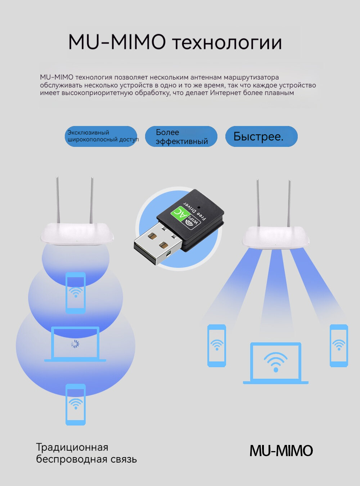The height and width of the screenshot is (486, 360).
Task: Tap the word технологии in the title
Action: (x=227, y=43)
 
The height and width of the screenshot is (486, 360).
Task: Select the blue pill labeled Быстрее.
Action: (x=261, y=136)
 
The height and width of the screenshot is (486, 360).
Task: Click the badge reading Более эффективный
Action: (x=181, y=136)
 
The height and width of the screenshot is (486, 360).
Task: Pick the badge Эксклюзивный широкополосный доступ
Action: (x=101, y=136)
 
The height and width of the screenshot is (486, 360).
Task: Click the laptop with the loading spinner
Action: (x=75, y=344)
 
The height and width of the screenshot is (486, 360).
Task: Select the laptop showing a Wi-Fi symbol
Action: (x=276, y=363)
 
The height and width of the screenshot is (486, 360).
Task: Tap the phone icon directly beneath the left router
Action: (x=76, y=292)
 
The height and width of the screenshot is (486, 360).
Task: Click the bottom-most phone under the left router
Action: (x=76, y=404)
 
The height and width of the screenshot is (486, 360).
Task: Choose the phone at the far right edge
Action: (x=339, y=346)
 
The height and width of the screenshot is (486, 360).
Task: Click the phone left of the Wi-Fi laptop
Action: (x=217, y=346)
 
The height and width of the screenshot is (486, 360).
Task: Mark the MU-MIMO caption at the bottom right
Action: (x=281, y=451)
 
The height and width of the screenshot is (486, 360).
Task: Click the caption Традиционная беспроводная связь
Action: (x=86, y=453)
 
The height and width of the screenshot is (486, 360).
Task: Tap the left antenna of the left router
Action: (x=58, y=200)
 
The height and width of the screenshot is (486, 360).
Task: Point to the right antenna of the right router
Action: (x=289, y=203)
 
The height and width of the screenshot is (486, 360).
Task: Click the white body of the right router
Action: (x=276, y=237)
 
